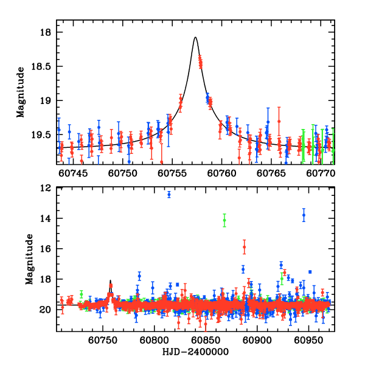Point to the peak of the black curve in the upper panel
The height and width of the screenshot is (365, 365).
(195, 37)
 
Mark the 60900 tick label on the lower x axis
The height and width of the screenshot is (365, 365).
(254, 341)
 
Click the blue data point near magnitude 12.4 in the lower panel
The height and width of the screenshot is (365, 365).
(169, 194)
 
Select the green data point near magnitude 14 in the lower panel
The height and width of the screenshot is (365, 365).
(224, 221)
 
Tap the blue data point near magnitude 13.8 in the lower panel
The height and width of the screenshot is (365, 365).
(304, 215)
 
